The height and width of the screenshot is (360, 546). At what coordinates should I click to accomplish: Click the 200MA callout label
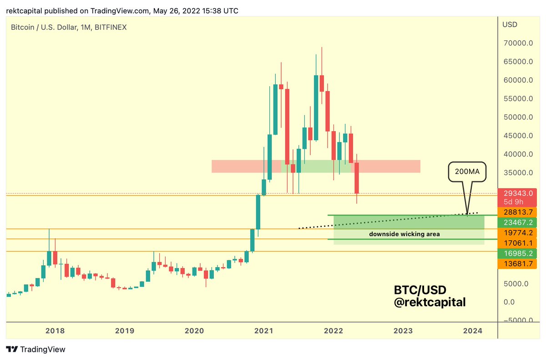coord(468,173)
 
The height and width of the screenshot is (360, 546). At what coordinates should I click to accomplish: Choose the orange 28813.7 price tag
coord(518,213)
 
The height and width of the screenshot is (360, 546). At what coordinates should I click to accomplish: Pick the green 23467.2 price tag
coord(518,223)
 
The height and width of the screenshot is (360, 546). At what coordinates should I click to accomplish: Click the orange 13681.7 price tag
coord(518,264)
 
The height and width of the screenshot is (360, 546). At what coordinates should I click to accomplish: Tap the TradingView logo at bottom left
coord(36,350)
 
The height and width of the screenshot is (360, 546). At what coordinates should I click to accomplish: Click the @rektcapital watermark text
coord(429,302)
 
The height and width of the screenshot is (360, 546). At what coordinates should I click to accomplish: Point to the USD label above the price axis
coord(510,25)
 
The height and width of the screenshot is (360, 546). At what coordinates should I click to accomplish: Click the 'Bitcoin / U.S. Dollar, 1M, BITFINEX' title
coord(68,27)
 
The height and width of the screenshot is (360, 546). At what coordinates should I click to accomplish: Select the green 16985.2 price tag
coord(518,253)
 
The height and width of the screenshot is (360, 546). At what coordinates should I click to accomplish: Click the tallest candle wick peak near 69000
coord(322,47)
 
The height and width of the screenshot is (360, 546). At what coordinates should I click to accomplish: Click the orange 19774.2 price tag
coord(518,233)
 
